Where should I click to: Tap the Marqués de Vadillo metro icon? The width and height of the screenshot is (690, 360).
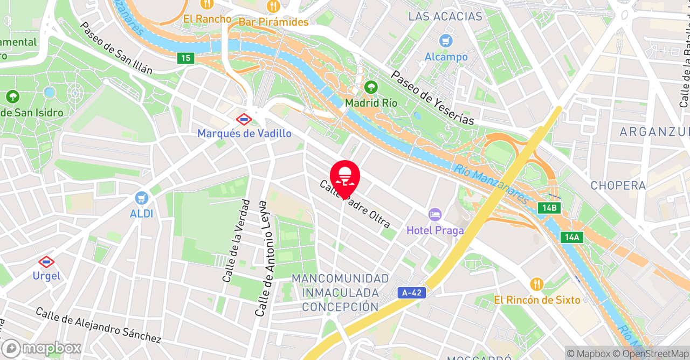pos(244,118)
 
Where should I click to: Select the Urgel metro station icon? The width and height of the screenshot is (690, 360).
pos(46,262)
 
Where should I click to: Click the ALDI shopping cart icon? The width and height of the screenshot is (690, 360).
pos(142,198)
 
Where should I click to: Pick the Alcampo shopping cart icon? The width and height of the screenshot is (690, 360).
pos(446,40)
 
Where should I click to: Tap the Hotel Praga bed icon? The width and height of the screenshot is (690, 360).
pos(435,214)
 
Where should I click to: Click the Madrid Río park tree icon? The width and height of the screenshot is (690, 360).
pos(371,87)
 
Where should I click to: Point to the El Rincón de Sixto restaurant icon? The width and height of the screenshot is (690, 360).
pos(536,283)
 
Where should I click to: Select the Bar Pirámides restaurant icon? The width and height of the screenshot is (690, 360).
pos(273,6)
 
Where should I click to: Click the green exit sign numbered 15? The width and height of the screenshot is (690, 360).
pos(185,58)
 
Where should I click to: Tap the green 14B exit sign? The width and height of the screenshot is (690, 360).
pos(549,208)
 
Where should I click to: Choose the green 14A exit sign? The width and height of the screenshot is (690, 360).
pos(571,237)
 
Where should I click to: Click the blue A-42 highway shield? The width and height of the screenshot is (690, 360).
pos(413,293)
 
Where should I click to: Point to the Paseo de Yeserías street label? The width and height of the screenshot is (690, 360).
pos(433,98)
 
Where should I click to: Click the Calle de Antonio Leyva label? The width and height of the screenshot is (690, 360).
pos(262,259)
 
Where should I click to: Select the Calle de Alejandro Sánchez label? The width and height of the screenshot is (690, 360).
pos(99,325)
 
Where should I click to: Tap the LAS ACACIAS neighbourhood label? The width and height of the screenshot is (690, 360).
pos(445,17)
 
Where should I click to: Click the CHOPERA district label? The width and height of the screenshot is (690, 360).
pos(618,185)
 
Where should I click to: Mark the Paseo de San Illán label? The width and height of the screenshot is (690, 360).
pos(116,48)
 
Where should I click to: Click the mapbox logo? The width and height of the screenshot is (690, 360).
pos(42,348)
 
